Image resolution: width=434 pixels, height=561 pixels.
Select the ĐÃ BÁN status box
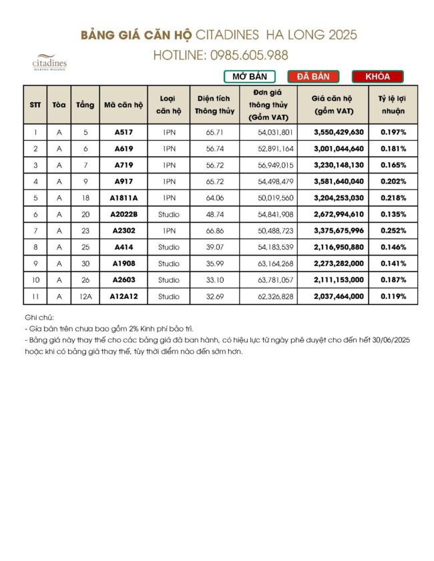pos(313,77)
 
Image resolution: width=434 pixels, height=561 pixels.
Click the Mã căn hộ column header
pos(124,105)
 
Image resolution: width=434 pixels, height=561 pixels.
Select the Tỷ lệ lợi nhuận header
pos(393,105)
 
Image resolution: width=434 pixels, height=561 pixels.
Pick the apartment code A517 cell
pos(124,133)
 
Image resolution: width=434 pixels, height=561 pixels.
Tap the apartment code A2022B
pos(124,214)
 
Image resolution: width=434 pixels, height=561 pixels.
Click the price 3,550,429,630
pos(339,133)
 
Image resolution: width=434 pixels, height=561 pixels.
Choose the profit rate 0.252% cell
pos(393,231)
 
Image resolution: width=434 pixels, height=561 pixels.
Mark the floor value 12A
pos(85,296)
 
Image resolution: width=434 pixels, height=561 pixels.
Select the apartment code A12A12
pos(124,296)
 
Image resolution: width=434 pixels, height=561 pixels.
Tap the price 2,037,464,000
pos(339,296)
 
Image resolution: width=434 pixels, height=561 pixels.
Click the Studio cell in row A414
pos(169,247)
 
